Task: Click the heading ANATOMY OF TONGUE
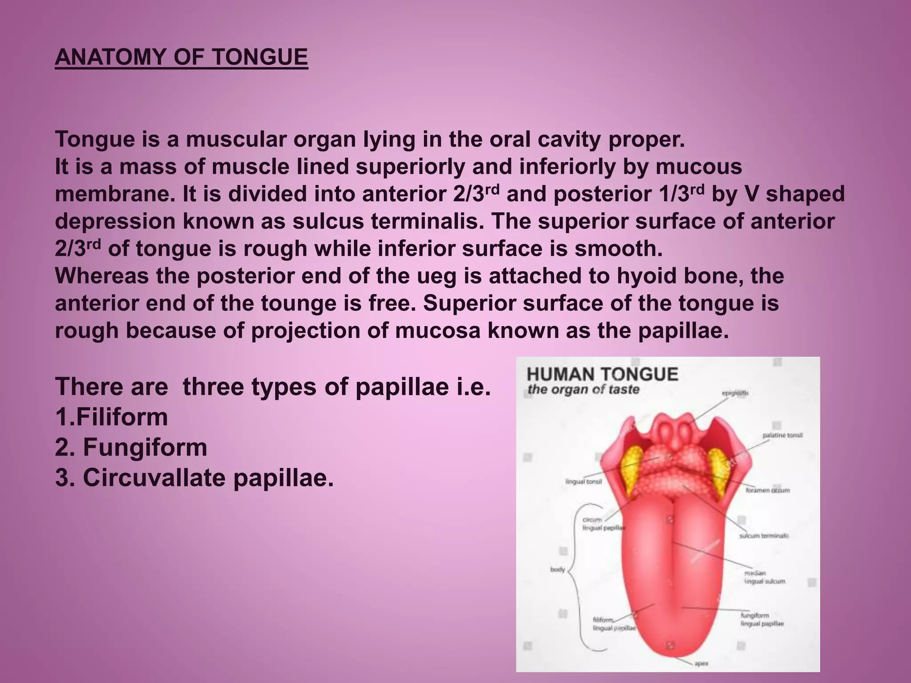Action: click(181, 57)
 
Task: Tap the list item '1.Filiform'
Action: click(112, 417)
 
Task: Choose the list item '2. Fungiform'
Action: click(131, 447)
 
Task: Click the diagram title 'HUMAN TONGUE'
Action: click(602, 374)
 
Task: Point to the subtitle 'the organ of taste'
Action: click(583, 390)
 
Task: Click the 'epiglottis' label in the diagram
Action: click(735, 393)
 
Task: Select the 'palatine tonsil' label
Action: click(782, 435)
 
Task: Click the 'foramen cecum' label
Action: click(767, 490)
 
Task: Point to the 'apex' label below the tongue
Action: click(701, 664)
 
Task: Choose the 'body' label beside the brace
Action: click(557, 570)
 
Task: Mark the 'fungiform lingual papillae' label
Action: click(762, 619)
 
